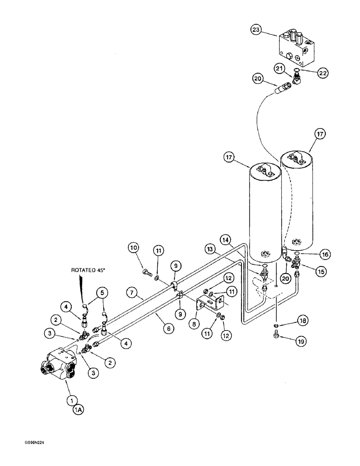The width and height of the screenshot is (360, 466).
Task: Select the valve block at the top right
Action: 299,47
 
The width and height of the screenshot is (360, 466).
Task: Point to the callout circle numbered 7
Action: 132,293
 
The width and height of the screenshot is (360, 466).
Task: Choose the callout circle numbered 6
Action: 169,329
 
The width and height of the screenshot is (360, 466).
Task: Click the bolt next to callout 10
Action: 146,272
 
